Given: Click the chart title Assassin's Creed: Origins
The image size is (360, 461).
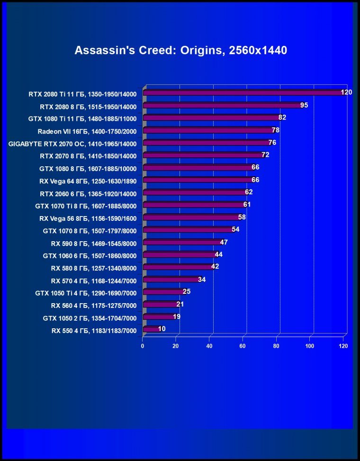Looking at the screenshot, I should (180, 51).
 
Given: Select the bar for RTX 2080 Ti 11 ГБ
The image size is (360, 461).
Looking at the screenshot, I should (242, 93).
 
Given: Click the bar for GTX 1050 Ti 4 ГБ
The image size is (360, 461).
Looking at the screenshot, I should (163, 292).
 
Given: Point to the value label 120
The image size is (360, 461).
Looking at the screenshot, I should (346, 92).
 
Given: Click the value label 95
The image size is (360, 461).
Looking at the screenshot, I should (304, 105).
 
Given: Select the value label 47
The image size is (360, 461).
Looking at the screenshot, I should (225, 242).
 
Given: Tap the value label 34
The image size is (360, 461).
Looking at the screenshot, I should (202, 279).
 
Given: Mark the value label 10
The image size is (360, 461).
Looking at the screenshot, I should (162, 328).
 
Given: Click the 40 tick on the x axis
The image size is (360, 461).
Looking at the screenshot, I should (209, 346).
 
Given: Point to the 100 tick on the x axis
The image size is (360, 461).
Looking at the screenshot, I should (310, 346).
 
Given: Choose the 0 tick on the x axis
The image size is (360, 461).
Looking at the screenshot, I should (143, 346).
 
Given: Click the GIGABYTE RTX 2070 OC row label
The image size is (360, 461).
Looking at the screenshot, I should (72, 144).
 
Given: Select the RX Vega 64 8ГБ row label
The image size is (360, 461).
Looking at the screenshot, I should (88, 181).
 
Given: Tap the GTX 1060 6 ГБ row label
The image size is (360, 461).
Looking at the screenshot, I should (90, 255).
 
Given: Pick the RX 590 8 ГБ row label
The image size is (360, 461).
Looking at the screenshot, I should (93, 243).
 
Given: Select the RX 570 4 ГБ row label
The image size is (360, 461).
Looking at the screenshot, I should (93, 280).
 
